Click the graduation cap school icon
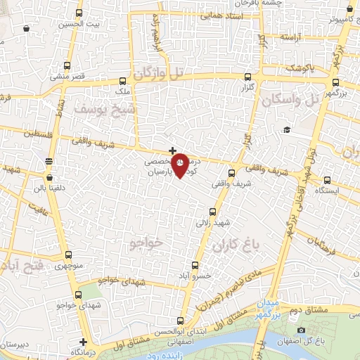[x=287, y=129]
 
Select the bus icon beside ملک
[x=123, y=81]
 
